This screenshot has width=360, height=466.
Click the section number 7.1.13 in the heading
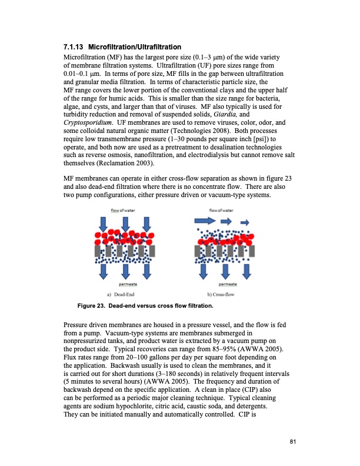pyautogui.click(x=75, y=46)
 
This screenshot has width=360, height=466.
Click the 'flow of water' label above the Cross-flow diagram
pyautogui.click(x=222, y=209)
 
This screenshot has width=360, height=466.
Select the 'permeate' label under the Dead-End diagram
pyautogui.click(x=124, y=284)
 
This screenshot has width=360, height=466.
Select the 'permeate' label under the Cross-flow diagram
pyautogui.click(x=224, y=284)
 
